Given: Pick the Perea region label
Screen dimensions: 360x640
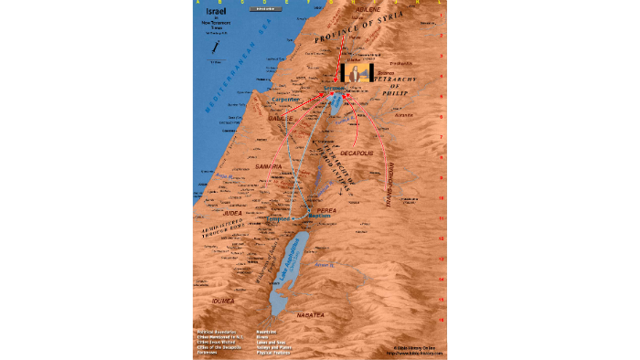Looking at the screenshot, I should click(x=328, y=210).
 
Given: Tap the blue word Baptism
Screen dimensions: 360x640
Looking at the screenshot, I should click(x=320, y=217).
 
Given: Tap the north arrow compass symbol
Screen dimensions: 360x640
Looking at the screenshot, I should click(x=214, y=47).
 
